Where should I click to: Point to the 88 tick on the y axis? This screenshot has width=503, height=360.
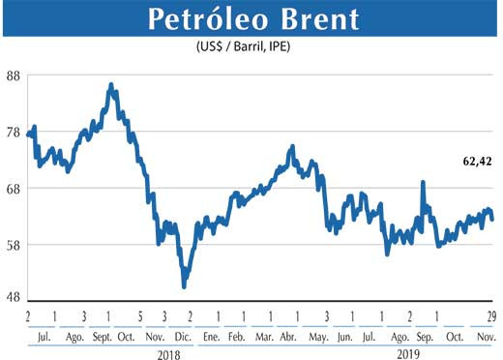[15, 76]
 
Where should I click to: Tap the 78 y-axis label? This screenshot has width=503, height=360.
[15, 132]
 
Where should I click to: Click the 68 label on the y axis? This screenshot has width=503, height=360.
[15, 188]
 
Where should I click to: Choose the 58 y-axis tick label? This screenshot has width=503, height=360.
[15, 244]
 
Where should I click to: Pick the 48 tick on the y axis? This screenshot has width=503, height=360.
[15, 299]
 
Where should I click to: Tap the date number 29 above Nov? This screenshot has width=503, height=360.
[492, 317]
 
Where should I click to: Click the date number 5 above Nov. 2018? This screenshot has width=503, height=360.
[141, 317]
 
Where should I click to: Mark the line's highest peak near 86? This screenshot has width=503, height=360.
[111, 85]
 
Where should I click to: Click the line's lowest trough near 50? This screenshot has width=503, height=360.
[184, 285]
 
